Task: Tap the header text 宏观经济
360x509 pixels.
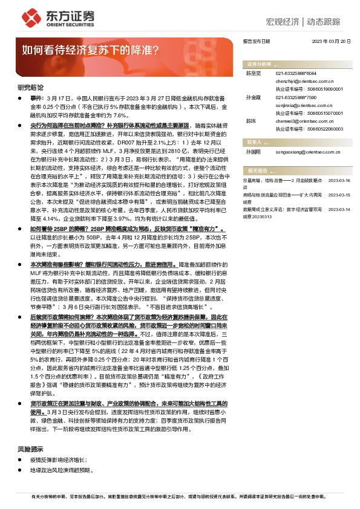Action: click(283, 22)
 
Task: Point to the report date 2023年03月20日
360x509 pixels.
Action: click(332, 42)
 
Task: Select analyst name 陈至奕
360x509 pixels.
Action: click(253, 73)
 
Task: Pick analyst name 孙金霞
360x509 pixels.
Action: click(253, 97)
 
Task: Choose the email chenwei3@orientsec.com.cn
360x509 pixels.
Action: click(303, 122)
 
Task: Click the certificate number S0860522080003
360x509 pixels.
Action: click(313, 129)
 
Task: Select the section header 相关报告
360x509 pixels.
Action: click(258, 171)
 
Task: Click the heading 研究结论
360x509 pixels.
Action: click(30, 88)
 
